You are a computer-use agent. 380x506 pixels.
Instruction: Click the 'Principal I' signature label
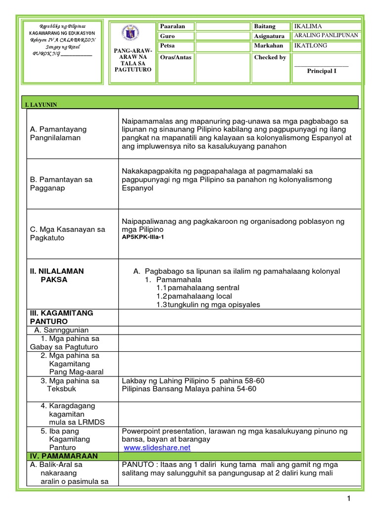click(x=321, y=71)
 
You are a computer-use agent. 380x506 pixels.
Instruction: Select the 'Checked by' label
click(x=270, y=57)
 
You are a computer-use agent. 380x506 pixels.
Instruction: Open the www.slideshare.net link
click(x=157, y=448)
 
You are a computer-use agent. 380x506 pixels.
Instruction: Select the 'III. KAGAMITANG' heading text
click(x=61, y=313)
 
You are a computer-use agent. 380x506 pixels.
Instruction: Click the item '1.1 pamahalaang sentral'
click(x=197, y=288)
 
